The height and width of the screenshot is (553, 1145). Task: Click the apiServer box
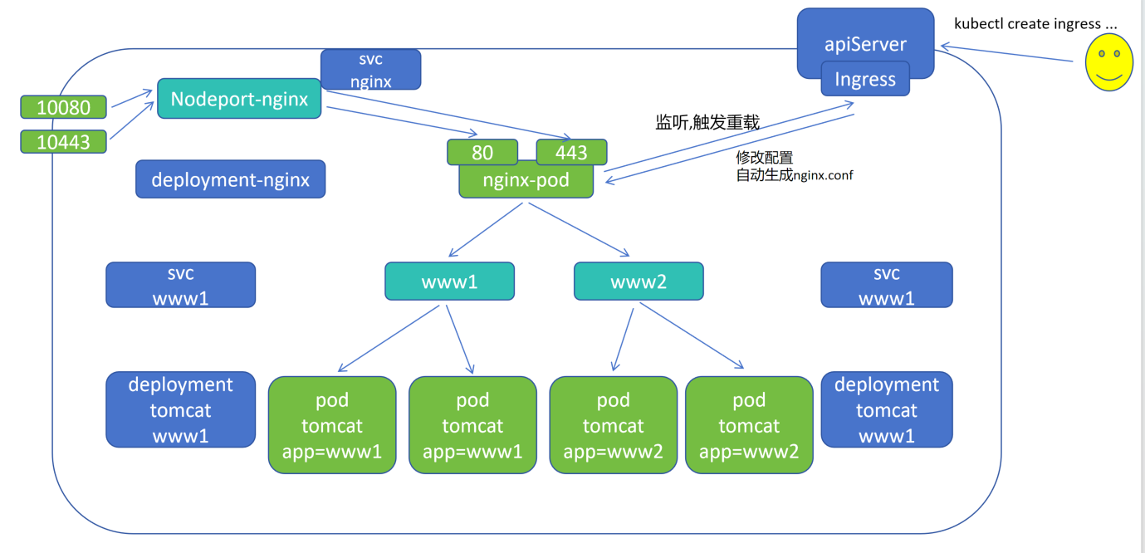[865, 43]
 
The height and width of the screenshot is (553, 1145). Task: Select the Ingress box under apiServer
[865, 79]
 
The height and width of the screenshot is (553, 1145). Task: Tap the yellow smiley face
[1108, 62]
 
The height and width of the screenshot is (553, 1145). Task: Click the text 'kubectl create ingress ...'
[1035, 23]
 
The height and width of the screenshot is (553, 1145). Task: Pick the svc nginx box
[370, 70]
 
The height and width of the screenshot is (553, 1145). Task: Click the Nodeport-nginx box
[239, 99]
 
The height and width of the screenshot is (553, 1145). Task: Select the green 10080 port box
[63, 107]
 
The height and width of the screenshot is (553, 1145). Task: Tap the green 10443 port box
[63, 142]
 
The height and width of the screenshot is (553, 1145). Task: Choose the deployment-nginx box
[231, 179]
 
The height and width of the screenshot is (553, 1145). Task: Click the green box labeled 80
[482, 152]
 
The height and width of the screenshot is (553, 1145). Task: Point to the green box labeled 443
[571, 152]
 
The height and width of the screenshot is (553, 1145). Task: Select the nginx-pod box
[526, 180]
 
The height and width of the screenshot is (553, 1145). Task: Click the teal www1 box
[449, 281]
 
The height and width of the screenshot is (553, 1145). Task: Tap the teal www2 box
[639, 281]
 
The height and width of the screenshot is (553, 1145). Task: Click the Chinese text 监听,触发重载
[707, 122]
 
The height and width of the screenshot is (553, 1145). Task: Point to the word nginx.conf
[823, 175]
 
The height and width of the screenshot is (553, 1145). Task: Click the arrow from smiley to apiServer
[1006, 53]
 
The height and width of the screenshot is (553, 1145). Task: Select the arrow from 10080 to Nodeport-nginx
[132, 98]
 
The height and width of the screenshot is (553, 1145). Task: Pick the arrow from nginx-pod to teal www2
[579, 229]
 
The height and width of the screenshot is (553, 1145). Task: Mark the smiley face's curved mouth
[1108, 77]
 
